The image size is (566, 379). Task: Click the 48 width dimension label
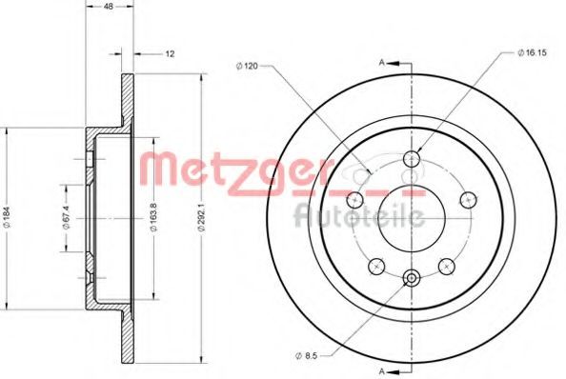point(109,7)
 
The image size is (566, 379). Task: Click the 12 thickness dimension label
point(170,54)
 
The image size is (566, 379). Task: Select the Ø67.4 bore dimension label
point(66,217)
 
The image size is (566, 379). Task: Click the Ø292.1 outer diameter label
point(202,218)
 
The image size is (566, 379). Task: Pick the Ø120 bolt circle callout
point(247,66)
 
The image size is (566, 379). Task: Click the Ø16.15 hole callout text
point(532,52)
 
